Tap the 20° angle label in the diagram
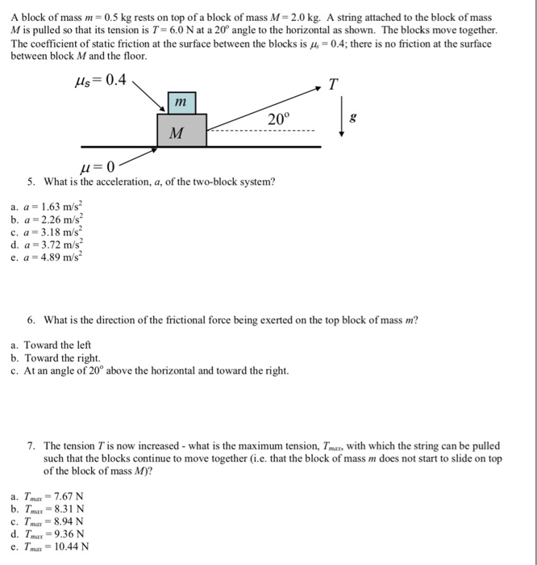[277, 119]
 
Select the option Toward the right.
[62, 358]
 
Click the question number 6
[30, 320]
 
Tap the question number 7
[30, 446]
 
